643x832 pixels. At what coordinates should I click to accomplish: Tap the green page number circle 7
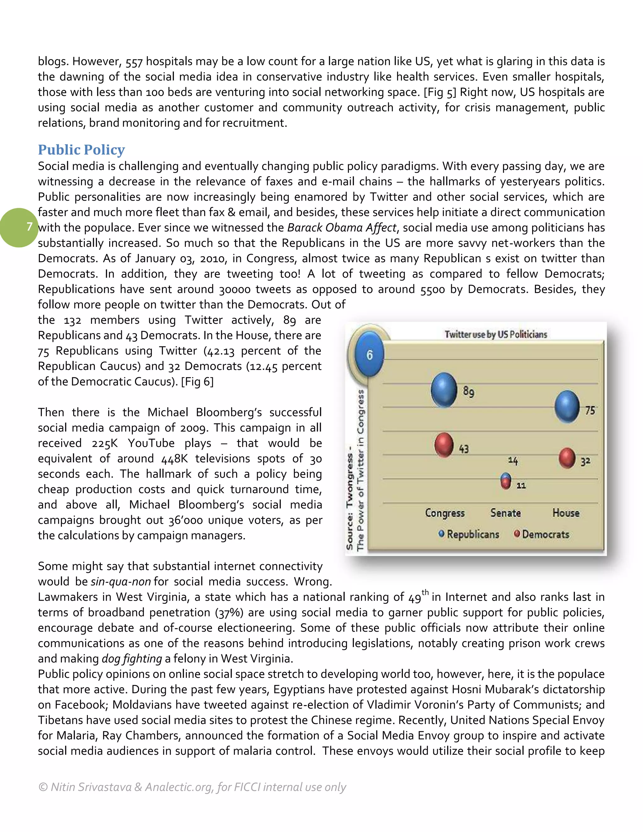click(19, 227)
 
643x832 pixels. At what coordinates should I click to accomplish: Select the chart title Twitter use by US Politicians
click(495, 334)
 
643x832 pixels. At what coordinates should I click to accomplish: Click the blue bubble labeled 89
click(444, 390)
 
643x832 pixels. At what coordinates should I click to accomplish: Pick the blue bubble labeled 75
click(567, 407)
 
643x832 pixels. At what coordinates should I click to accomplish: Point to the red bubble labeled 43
click(444, 445)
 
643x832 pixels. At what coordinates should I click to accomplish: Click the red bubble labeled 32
click(567, 458)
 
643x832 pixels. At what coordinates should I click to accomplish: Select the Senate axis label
click(505, 513)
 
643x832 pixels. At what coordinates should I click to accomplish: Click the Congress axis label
click(445, 513)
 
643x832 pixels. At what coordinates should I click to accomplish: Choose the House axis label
click(566, 513)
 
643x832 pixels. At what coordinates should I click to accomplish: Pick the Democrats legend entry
click(541, 534)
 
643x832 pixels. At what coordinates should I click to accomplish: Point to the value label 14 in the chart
click(513, 461)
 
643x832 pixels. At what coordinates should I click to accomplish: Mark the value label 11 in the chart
click(521, 485)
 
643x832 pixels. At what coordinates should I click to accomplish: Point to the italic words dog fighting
click(132, 659)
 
